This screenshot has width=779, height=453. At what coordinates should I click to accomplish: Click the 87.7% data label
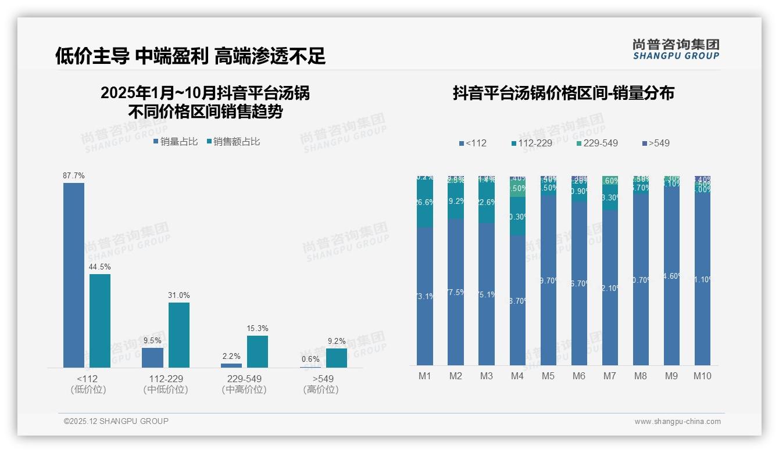click(x=74, y=175)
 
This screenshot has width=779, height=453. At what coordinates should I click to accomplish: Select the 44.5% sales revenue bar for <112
click(x=100, y=321)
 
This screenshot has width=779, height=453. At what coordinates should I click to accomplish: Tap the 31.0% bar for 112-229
click(x=179, y=335)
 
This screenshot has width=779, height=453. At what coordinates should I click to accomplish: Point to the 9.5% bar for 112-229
click(x=152, y=358)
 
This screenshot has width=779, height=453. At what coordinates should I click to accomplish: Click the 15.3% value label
click(x=258, y=329)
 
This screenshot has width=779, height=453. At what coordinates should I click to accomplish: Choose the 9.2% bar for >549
click(x=337, y=358)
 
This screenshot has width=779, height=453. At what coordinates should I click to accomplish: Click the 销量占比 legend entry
click(x=176, y=141)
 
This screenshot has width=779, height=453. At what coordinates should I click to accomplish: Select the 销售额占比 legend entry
click(x=233, y=141)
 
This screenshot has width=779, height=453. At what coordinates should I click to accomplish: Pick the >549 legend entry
click(x=656, y=143)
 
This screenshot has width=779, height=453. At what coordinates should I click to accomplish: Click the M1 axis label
click(x=425, y=376)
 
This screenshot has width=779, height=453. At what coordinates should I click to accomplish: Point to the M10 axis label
click(x=702, y=376)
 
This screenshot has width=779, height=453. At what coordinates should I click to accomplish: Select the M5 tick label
click(x=548, y=376)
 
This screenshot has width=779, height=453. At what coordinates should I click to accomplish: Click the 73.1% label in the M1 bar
click(x=425, y=296)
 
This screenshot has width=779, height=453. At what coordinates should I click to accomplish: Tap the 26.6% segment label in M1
click(x=425, y=202)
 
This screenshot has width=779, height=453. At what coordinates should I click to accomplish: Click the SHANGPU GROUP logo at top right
click(x=676, y=49)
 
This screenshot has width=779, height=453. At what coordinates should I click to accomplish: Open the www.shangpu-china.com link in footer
click(x=677, y=422)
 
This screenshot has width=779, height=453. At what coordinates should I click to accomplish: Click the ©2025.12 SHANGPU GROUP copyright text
click(x=116, y=421)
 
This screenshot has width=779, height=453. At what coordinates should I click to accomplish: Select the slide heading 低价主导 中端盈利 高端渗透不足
click(x=190, y=56)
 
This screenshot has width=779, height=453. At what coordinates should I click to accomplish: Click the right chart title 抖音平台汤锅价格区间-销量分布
click(x=563, y=93)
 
